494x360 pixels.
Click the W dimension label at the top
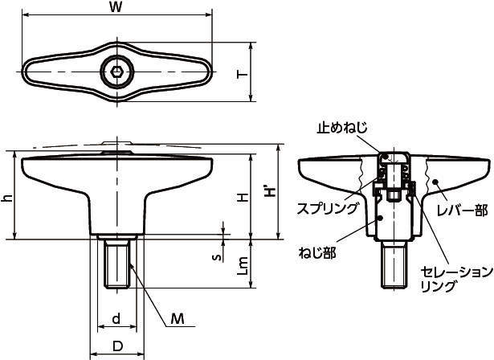116,7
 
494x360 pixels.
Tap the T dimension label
243,75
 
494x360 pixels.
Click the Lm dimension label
243,265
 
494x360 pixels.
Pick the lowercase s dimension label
215,258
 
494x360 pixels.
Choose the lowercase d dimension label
116,319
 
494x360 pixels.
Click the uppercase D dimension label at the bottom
117,346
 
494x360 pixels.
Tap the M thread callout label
178,319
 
